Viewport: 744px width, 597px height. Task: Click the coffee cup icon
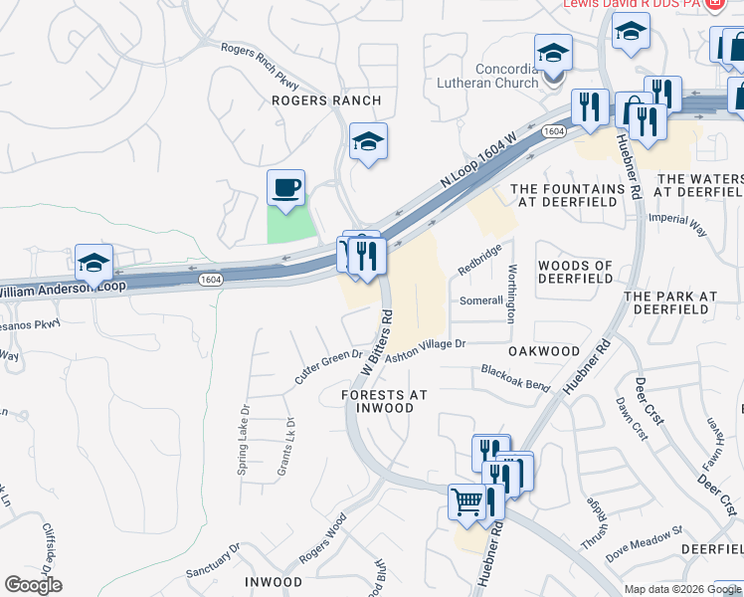(x=285, y=187)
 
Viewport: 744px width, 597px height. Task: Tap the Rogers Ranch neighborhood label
(x=327, y=100)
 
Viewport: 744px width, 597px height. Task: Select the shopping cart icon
(x=465, y=500)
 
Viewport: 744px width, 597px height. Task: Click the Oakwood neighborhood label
(x=543, y=351)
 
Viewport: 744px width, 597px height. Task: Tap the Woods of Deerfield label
(x=575, y=272)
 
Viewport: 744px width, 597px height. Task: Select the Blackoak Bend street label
(x=515, y=377)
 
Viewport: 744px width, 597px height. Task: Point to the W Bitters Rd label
(x=376, y=341)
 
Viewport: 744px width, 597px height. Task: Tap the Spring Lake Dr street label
(x=242, y=439)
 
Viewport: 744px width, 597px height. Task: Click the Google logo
(x=33, y=585)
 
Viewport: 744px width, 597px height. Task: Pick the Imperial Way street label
(x=676, y=223)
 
